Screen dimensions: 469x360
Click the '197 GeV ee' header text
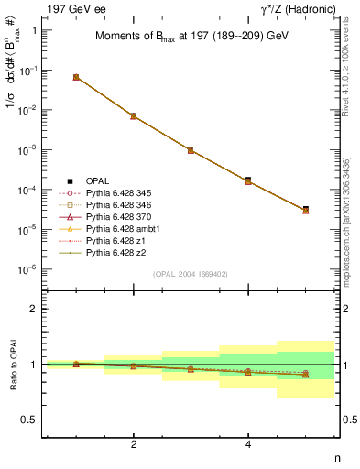coord(73,8)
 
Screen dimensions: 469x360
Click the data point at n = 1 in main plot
coord(76,77)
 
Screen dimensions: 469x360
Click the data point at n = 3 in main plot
coord(191,149)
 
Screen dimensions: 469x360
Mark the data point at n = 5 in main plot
coord(305,210)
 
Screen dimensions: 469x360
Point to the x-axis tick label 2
coord(134,443)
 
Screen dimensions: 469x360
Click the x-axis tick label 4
coord(248,443)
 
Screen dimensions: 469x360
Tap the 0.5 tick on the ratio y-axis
coord(31,420)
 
